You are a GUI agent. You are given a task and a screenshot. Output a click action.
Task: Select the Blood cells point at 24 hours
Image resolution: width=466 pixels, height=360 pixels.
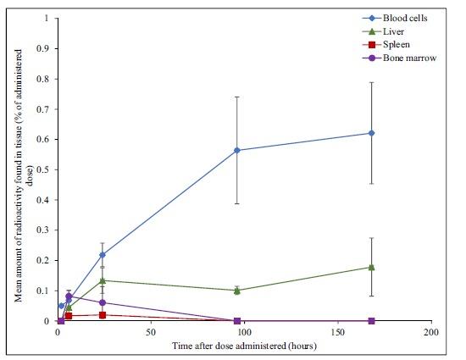tap(103, 254)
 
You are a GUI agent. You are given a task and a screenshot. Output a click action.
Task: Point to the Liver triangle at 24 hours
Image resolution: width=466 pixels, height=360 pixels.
tap(103, 280)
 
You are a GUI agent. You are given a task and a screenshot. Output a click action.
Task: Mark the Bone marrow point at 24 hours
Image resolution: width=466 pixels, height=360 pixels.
tap(103, 302)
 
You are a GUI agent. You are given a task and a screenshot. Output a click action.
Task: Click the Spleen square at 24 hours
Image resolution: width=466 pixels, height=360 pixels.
tap(103, 315)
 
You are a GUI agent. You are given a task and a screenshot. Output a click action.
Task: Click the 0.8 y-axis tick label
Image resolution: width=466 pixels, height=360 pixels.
tap(45, 79)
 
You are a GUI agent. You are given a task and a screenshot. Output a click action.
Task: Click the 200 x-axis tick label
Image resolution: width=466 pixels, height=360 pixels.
tap(431, 332)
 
